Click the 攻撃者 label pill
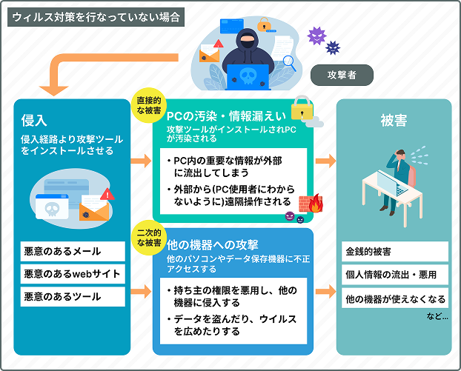(342, 76)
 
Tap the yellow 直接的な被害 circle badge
(149, 105)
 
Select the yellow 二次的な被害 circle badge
(149, 238)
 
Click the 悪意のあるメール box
(73, 252)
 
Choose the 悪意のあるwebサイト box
(73, 274)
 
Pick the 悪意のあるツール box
(73, 297)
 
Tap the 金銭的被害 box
(395, 252)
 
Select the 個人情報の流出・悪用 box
(395, 275)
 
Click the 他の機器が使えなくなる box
(395, 298)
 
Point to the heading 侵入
(34, 121)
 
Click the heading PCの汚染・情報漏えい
(226, 116)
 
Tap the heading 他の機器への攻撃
(212, 245)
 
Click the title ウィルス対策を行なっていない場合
(96, 17)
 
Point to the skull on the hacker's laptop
(248, 76)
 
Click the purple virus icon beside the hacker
(316, 36)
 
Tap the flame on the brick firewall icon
(316, 203)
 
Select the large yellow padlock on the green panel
(302, 108)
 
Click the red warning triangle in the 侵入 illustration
(107, 195)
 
